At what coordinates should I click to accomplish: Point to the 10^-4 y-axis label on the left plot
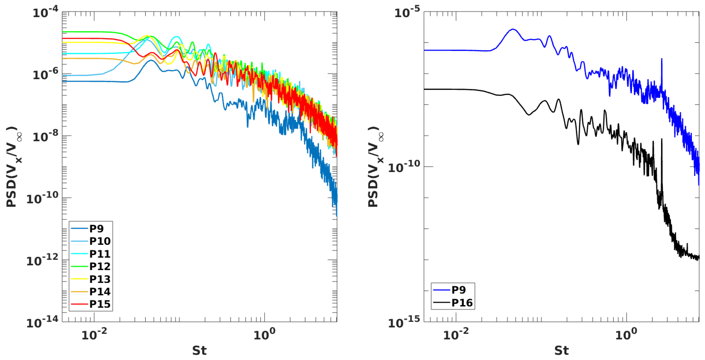click(x=45, y=13)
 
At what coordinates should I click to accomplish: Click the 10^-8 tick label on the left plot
click(x=45, y=136)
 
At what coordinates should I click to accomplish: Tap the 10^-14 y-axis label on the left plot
click(x=42, y=323)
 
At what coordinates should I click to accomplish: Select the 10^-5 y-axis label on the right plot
click(x=407, y=13)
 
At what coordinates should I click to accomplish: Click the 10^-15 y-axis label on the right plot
click(x=404, y=323)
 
